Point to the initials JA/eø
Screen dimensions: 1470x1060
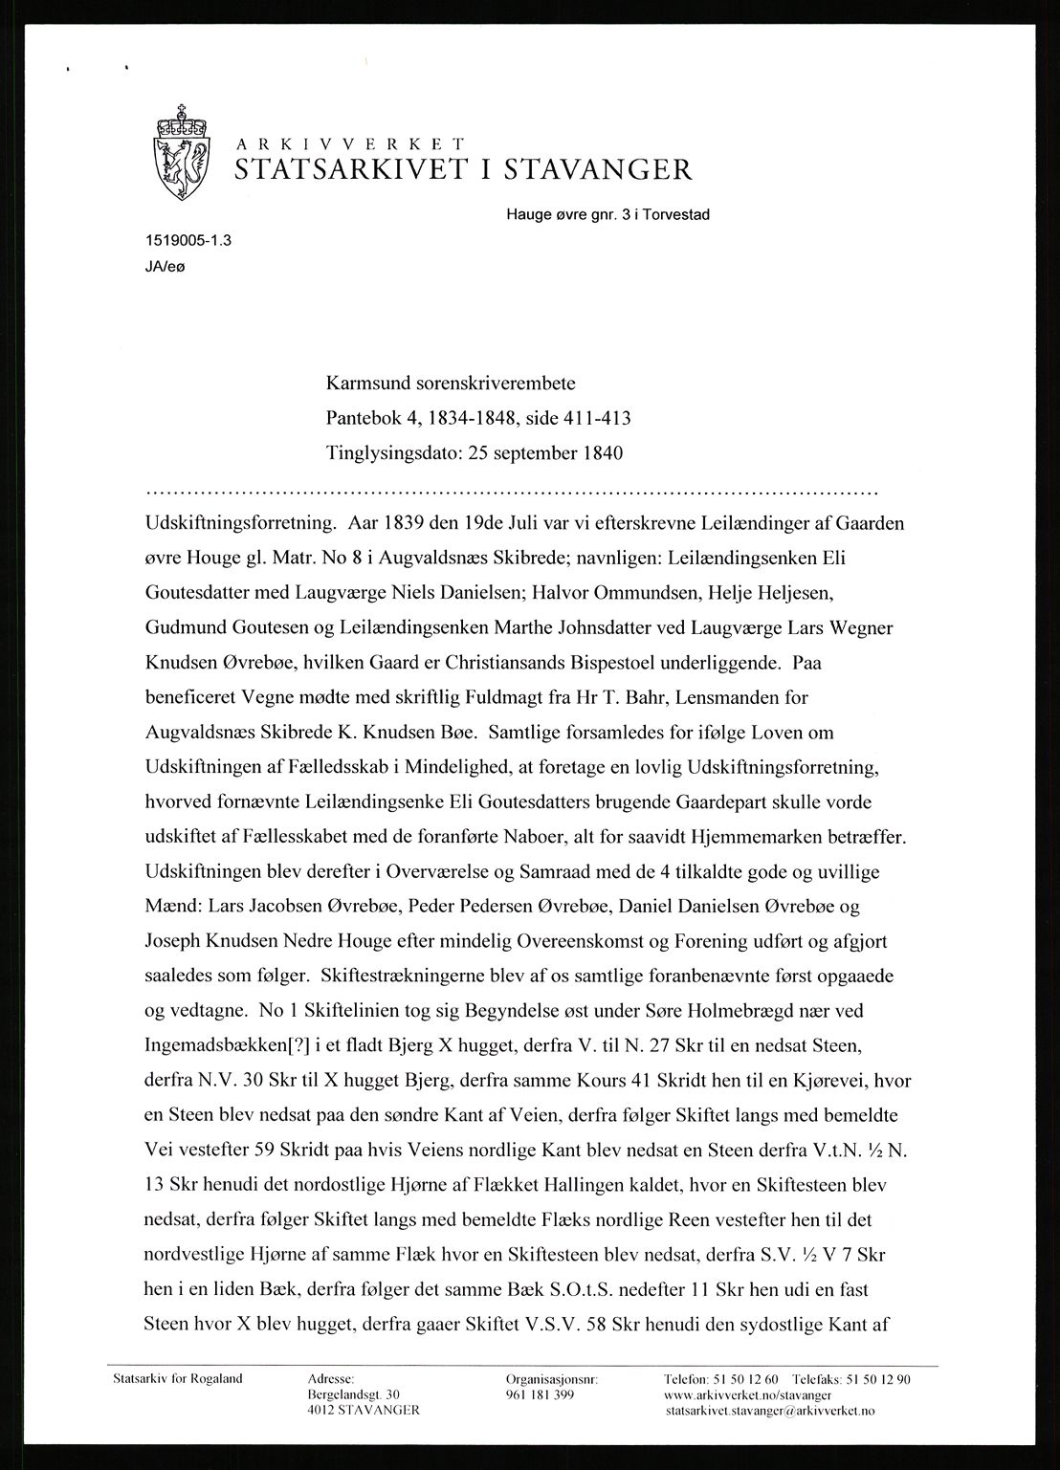(x=160, y=269)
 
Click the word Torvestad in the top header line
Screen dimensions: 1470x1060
(x=677, y=214)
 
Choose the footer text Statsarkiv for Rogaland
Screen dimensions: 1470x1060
(x=178, y=1379)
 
